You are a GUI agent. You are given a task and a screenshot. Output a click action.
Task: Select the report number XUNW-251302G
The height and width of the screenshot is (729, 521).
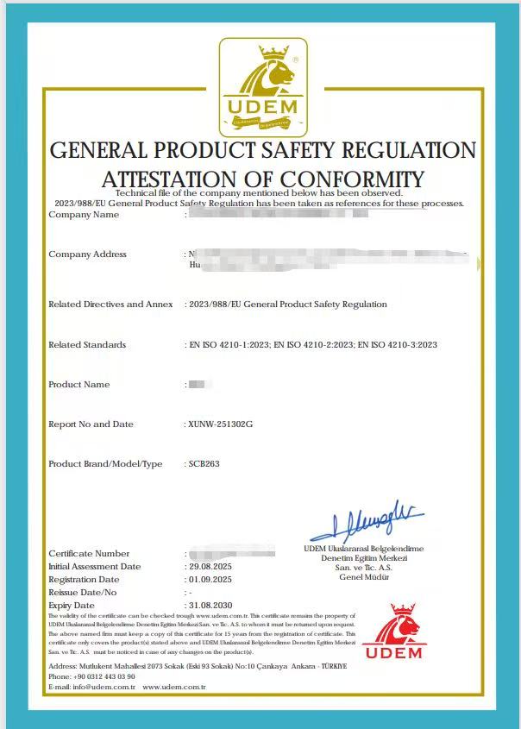point(220,424)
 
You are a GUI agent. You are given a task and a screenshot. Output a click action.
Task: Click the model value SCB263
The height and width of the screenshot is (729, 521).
point(204,464)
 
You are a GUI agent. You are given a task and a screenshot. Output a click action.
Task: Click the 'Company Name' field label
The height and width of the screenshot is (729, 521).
point(84,215)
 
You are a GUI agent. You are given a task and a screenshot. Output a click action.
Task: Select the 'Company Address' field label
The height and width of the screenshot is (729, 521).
point(87,255)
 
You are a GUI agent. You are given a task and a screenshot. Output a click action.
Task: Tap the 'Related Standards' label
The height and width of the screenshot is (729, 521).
point(87,345)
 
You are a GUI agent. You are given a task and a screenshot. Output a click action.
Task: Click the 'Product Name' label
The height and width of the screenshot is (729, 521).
point(78,385)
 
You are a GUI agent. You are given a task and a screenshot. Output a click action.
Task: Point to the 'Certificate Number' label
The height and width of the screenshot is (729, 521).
point(89,554)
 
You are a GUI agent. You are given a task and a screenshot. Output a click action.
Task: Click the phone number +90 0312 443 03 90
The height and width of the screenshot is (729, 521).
point(104,676)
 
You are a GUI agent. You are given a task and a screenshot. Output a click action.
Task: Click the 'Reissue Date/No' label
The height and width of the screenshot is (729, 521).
point(82,593)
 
